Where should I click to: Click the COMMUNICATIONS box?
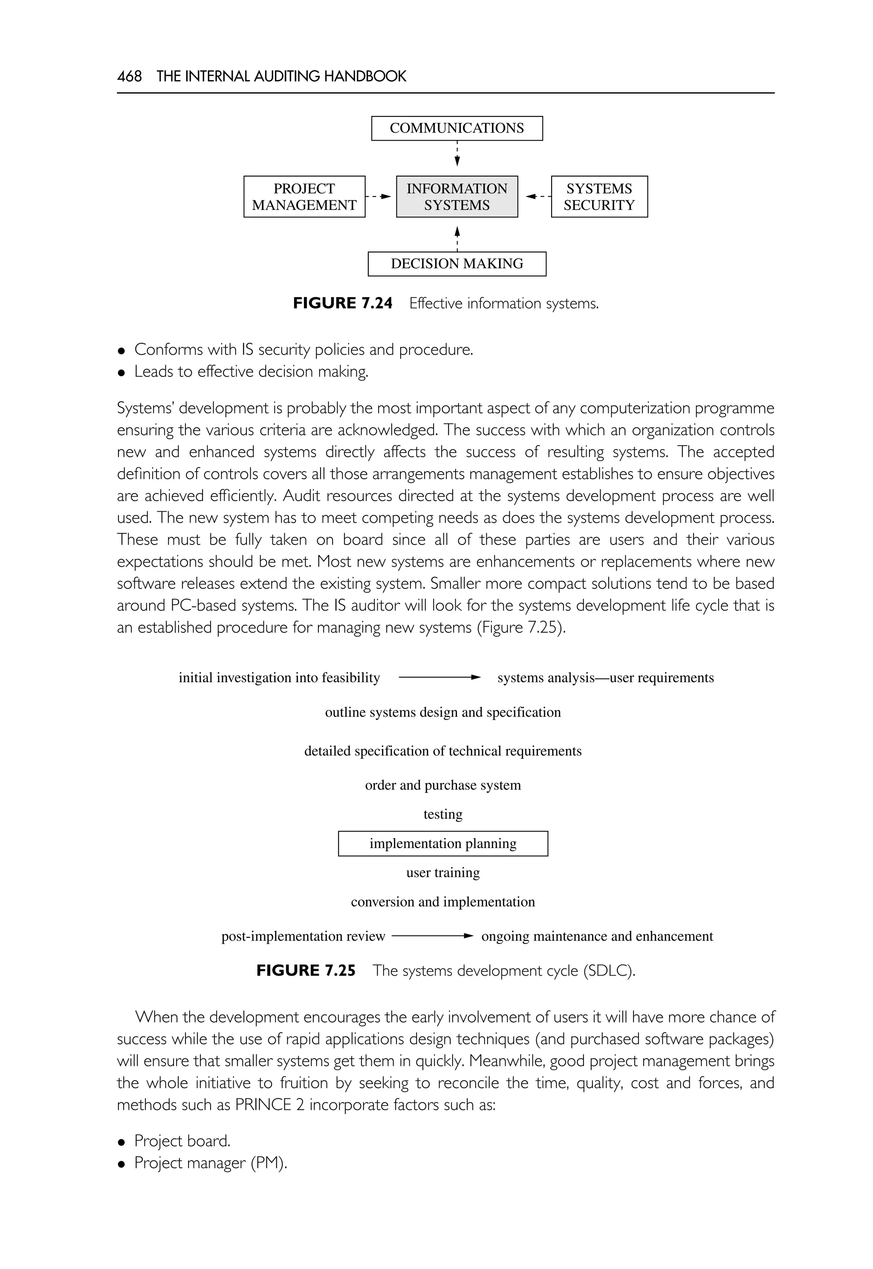coord(457,128)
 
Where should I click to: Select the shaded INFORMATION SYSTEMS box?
coord(457,197)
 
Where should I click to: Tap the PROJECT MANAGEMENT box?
coord(304,197)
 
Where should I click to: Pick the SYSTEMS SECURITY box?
coord(599,197)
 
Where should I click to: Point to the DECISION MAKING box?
coord(457,264)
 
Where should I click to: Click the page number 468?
coord(129,76)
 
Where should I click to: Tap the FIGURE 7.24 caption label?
coord(342,303)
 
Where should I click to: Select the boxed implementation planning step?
coord(442,843)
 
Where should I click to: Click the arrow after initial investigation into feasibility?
coord(439,678)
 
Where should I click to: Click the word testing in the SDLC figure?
coord(442,814)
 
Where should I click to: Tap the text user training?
coord(442,872)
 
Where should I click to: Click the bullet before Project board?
coord(121,1142)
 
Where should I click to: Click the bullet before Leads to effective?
coord(121,373)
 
